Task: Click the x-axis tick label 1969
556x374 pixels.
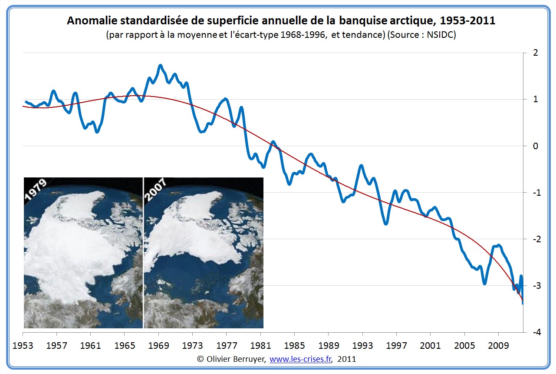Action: coord(158,346)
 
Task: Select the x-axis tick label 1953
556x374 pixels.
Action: coord(23,346)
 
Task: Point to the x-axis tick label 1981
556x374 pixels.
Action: coord(260,346)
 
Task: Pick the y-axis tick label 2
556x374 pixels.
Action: coord(535,53)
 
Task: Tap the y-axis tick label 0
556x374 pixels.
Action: coord(535,146)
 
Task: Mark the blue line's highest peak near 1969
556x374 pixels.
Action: coord(160,66)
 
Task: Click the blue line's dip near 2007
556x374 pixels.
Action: coord(484,284)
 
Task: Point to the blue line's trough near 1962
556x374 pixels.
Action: coord(97,131)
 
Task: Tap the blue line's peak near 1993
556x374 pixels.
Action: coord(361,166)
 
